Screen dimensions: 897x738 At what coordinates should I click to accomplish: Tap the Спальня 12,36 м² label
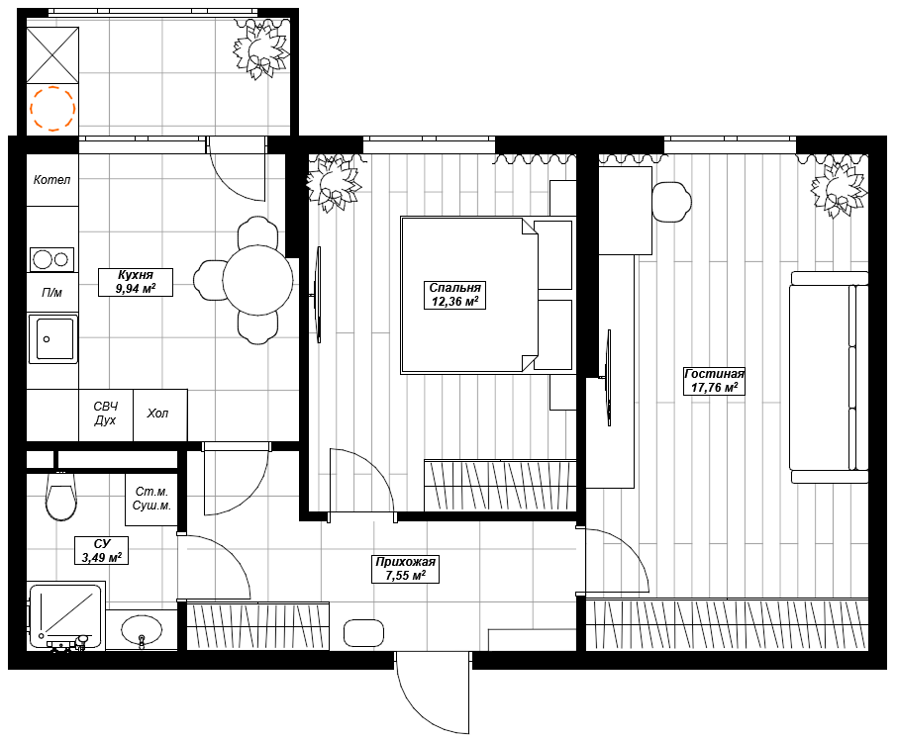(454, 295)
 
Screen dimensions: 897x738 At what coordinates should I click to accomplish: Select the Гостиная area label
(714, 381)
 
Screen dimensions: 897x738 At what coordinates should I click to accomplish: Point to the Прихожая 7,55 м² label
(406, 569)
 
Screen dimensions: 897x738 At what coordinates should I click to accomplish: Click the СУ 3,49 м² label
(101, 550)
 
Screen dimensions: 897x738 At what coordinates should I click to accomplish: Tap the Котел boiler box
(52, 180)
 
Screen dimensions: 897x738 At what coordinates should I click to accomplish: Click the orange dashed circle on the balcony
(52, 109)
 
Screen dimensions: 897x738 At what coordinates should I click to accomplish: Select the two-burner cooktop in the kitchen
(51, 259)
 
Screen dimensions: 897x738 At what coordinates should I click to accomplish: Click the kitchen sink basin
(53, 339)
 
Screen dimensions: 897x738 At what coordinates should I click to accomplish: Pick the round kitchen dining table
(257, 280)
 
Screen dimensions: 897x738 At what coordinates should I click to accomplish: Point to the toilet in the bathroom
(60, 495)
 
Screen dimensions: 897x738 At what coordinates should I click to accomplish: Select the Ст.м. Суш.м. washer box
(151, 499)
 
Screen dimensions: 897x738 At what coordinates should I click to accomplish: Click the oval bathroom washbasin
(142, 630)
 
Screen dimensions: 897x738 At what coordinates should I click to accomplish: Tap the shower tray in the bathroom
(66, 616)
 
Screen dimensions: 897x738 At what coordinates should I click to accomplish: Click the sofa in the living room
(829, 378)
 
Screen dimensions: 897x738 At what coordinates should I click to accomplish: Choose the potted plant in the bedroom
(334, 183)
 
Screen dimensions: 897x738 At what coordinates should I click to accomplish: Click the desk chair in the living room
(671, 202)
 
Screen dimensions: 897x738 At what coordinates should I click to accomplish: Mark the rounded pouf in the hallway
(363, 633)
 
